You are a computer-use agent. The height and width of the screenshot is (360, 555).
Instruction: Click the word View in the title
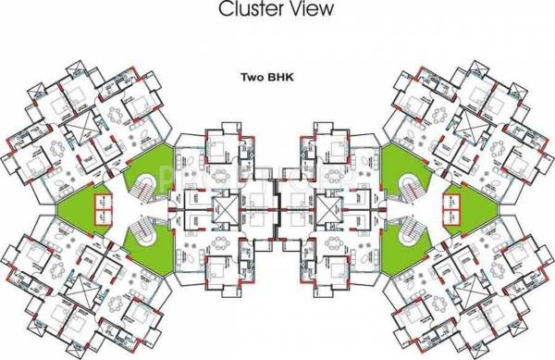[x=309, y=10]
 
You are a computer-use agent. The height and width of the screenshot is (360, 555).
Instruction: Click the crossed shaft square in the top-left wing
[x=77, y=123]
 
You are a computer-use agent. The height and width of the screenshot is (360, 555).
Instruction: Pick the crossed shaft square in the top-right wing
[x=476, y=123]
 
